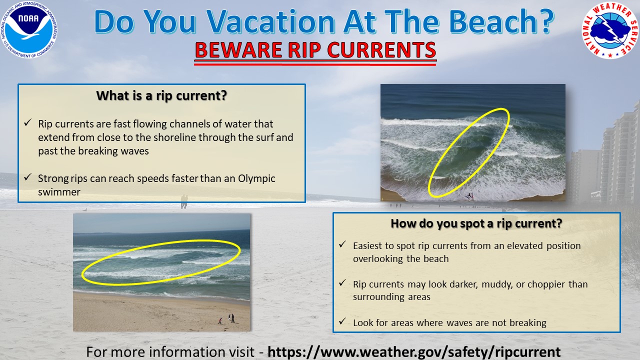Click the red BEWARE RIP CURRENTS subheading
315,50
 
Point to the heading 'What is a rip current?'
161,95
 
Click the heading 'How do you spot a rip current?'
476,223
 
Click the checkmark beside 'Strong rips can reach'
28,177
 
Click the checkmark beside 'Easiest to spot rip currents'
342,245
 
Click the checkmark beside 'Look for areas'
342,322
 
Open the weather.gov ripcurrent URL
414,351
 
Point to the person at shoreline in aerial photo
469,196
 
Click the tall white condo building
620,150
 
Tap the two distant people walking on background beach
184,201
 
